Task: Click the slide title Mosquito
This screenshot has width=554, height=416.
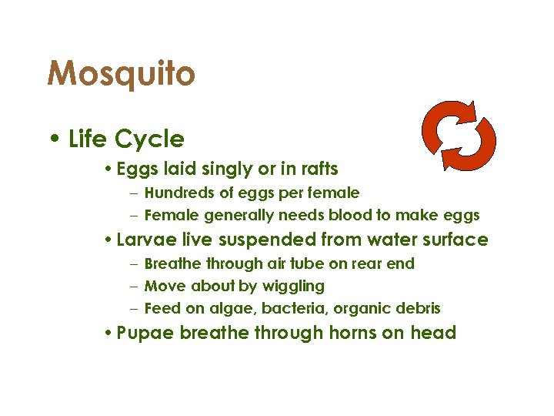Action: click(121, 75)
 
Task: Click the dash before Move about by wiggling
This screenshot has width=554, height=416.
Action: click(134, 287)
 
